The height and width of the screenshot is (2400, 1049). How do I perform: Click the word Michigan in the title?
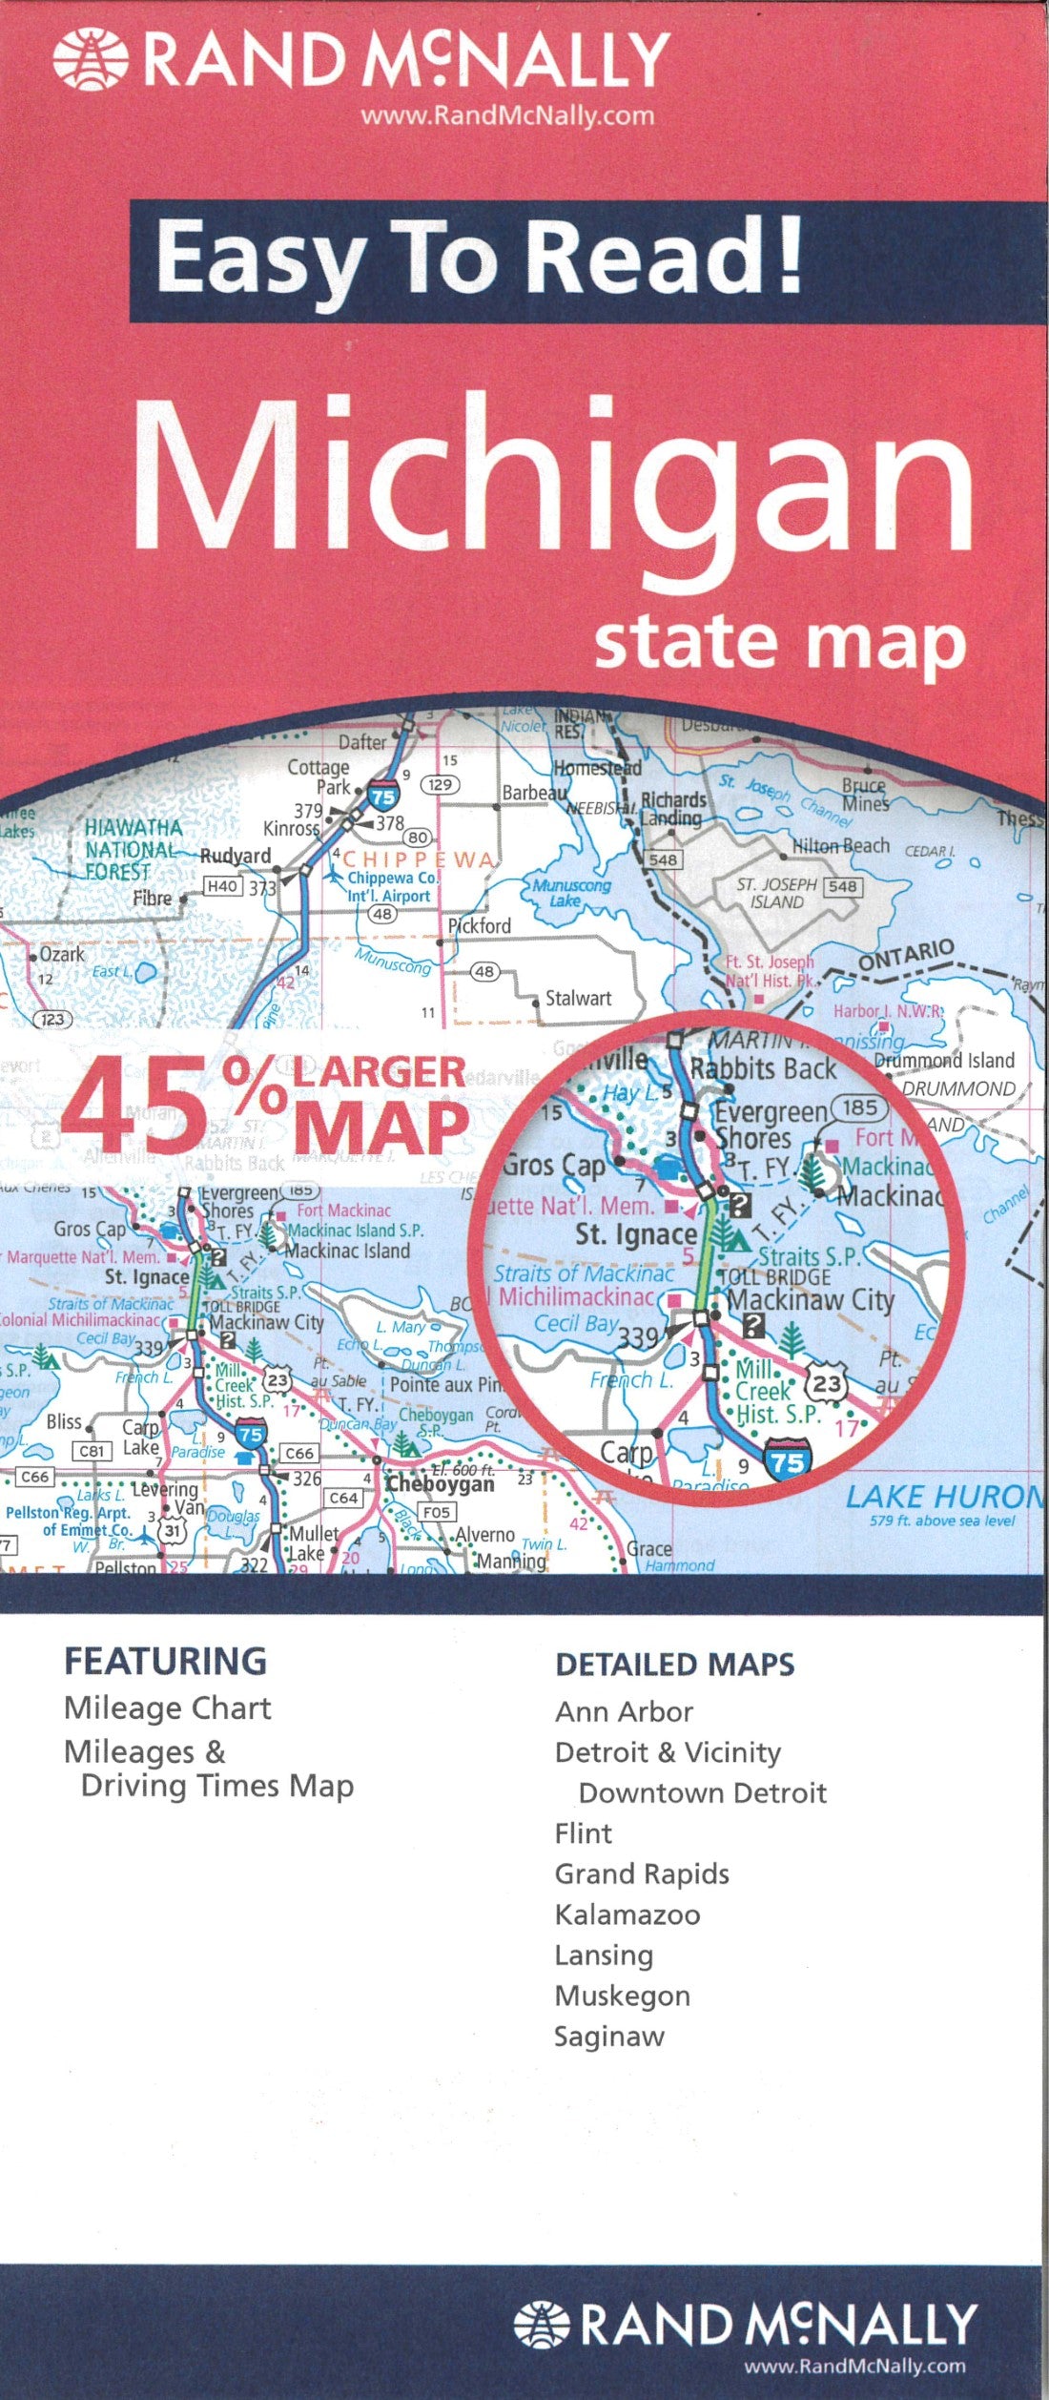click(552, 478)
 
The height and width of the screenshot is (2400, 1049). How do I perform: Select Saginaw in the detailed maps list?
click(609, 2037)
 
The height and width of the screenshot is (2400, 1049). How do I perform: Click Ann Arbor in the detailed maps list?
click(624, 1711)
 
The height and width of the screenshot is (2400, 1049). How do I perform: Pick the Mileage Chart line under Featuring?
click(167, 1707)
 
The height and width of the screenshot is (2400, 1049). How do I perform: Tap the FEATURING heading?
click(165, 1661)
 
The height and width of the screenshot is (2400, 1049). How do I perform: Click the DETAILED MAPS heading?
click(674, 1665)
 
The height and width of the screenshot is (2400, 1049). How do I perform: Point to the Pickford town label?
click(480, 925)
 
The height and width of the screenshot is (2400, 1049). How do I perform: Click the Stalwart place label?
click(578, 998)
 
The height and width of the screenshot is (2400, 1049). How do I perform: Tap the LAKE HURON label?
click(944, 1497)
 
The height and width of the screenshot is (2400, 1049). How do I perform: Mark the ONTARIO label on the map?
click(905, 955)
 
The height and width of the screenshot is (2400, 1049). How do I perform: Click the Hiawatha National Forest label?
click(133, 849)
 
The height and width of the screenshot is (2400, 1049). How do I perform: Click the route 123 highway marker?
click(52, 1019)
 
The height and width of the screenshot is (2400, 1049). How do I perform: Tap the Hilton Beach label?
click(840, 845)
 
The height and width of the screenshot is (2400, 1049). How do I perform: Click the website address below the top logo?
click(507, 116)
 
